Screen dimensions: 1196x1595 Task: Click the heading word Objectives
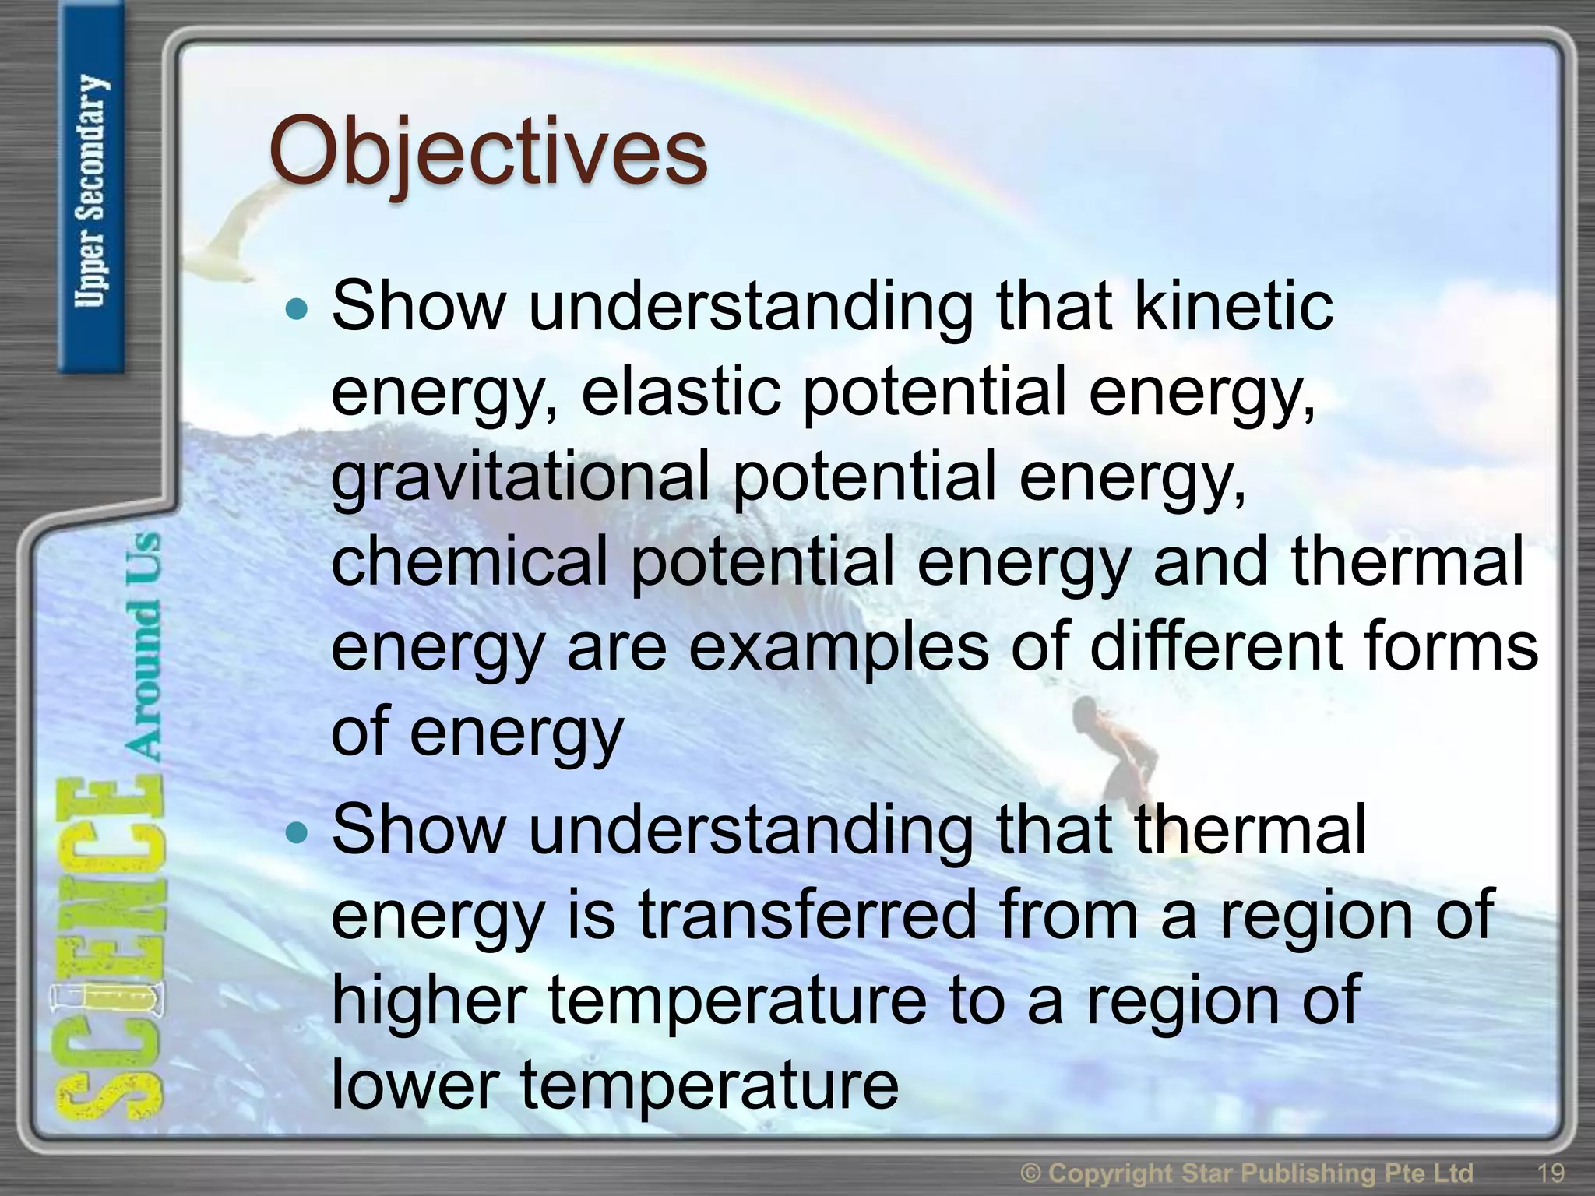coord(488,151)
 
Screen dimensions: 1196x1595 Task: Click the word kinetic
coord(1234,305)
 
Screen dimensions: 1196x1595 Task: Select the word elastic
coord(681,391)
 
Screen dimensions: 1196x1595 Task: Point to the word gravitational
coord(520,477)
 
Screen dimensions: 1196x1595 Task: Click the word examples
coord(838,648)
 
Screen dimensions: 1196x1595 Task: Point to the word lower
coord(415,1085)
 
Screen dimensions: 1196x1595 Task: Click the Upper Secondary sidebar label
coord(90,191)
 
